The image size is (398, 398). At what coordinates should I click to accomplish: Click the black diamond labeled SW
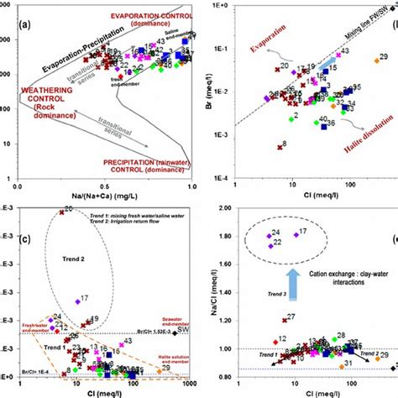(181, 333)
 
